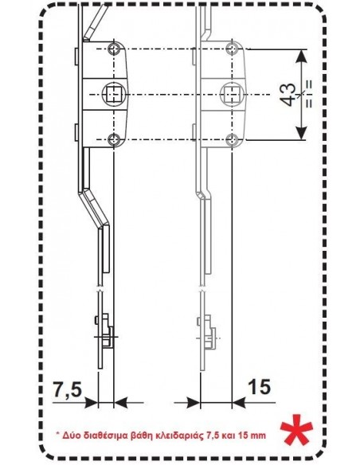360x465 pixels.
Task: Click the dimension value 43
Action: (288, 95)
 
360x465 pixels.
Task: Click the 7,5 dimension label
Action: (68, 389)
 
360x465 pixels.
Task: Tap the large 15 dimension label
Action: (259, 387)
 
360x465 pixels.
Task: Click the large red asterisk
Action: (296, 429)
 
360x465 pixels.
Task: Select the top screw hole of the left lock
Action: (114, 49)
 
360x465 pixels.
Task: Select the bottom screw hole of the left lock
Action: (114, 139)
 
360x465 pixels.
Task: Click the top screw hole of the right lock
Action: (232, 49)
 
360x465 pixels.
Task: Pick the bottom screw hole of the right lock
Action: (232, 139)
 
